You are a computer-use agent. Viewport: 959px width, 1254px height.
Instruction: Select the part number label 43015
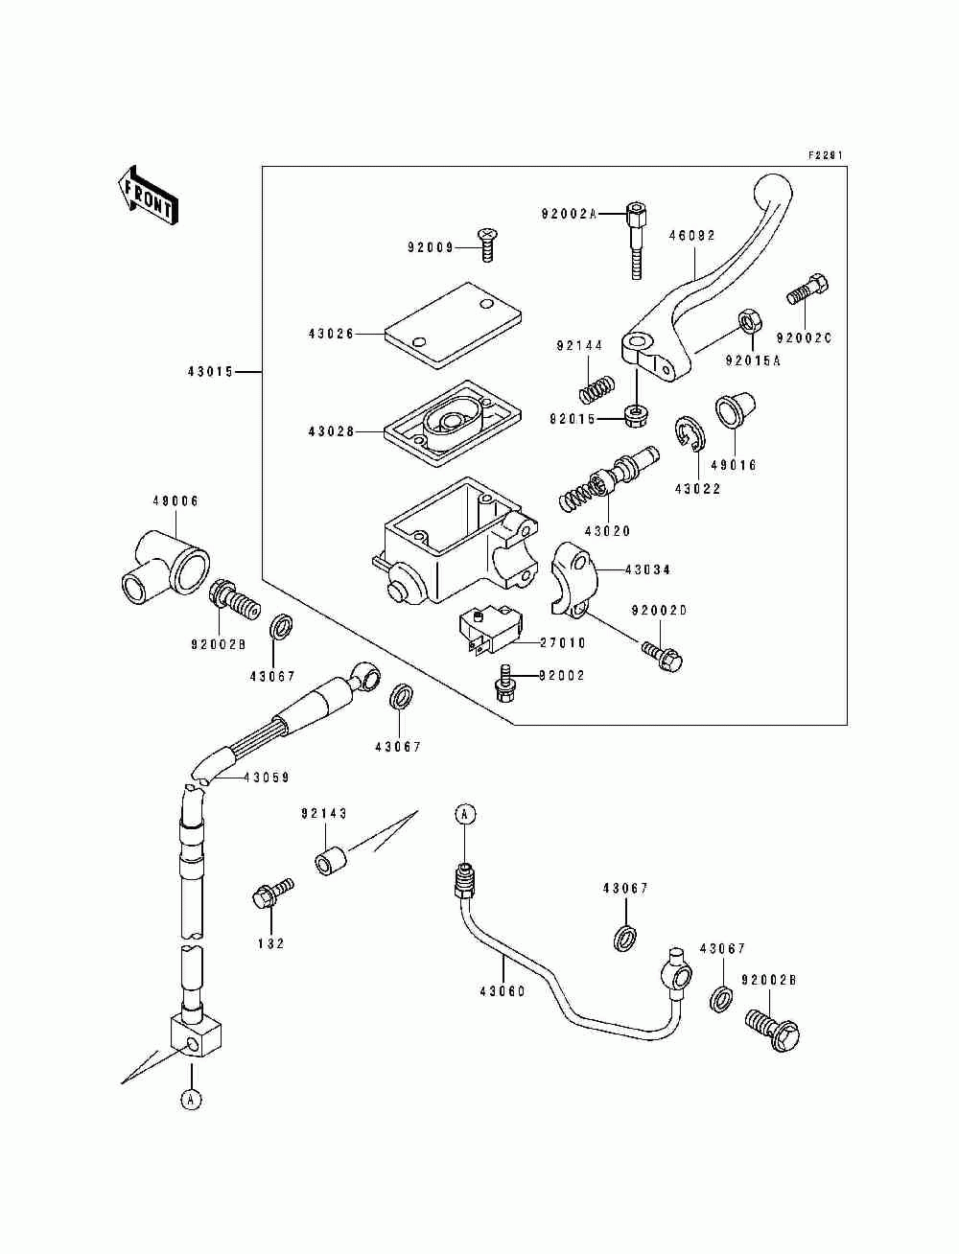pyautogui.click(x=211, y=372)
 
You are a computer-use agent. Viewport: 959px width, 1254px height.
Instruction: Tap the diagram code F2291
pyautogui.click(x=826, y=154)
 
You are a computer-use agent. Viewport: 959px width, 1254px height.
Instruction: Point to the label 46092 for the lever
pyautogui.click(x=691, y=236)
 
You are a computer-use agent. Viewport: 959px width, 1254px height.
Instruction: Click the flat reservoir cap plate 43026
pyautogui.click(x=454, y=324)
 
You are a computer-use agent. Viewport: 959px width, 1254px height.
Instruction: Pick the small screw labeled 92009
pyautogui.click(x=486, y=244)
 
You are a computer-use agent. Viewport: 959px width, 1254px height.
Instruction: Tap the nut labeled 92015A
pyautogui.click(x=750, y=321)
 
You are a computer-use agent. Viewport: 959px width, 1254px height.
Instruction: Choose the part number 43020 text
pyautogui.click(x=607, y=531)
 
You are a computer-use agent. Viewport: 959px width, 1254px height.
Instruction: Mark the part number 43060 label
pyautogui.click(x=503, y=991)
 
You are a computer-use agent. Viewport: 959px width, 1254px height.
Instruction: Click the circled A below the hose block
pyautogui.click(x=192, y=1099)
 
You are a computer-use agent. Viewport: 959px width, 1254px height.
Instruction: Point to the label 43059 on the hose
pyautogui.click(x=267, y=777)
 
